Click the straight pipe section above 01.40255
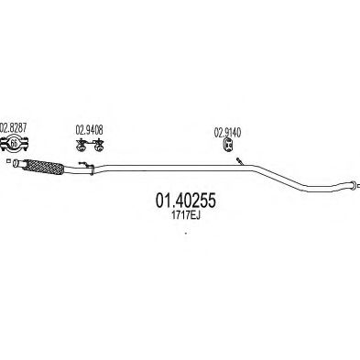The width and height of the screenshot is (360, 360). pos(165,168)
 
